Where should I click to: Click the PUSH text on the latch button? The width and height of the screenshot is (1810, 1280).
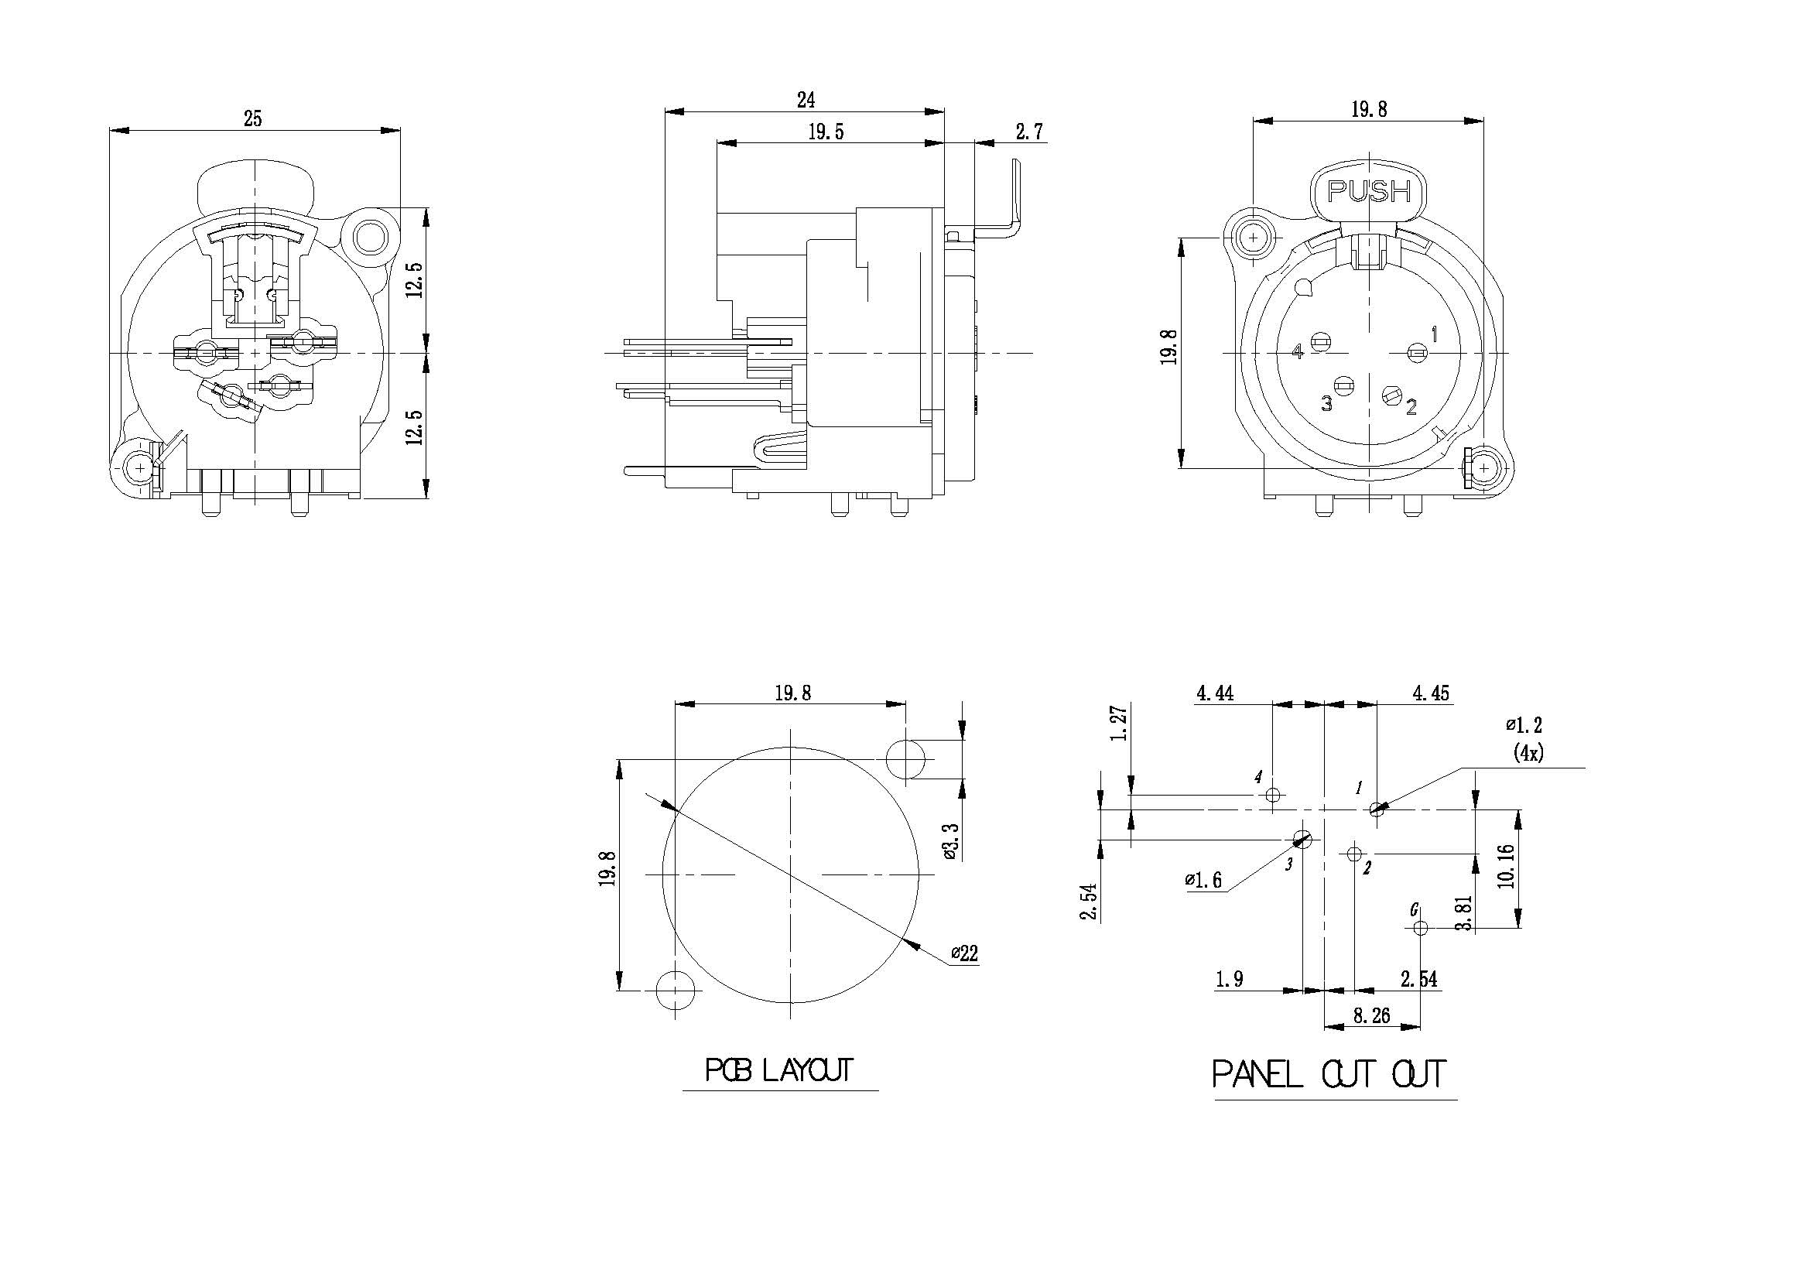[x=1369, y=191]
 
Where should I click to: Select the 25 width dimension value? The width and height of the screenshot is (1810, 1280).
[x=252, y=119]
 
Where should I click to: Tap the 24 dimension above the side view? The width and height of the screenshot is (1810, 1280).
[x=805, y=100]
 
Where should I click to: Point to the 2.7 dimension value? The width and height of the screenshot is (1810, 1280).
[x=1028, y=132]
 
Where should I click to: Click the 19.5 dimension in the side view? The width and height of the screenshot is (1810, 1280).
[x=826, y=132]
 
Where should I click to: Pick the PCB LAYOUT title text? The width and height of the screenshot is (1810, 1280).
[x=779, y=1070]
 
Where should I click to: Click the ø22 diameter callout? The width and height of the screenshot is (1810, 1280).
[x=964, y=953]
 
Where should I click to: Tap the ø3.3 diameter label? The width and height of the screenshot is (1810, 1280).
[x=950, y=841]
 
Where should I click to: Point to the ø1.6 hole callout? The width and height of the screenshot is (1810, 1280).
[x=1204, y=880]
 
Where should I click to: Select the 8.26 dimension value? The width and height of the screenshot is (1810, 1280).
[x=1371, y=1016]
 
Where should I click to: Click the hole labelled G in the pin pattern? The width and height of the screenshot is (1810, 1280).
[x=1420, y=928]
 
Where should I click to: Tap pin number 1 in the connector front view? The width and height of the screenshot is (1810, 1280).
[x=1434, y=335]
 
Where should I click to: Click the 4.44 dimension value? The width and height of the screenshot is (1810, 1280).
[x=1215, y=693]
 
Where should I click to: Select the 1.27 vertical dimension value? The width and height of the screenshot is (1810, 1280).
[x=1117, y=724]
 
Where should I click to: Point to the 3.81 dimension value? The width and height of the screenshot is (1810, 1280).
[x=1465, y=912]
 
